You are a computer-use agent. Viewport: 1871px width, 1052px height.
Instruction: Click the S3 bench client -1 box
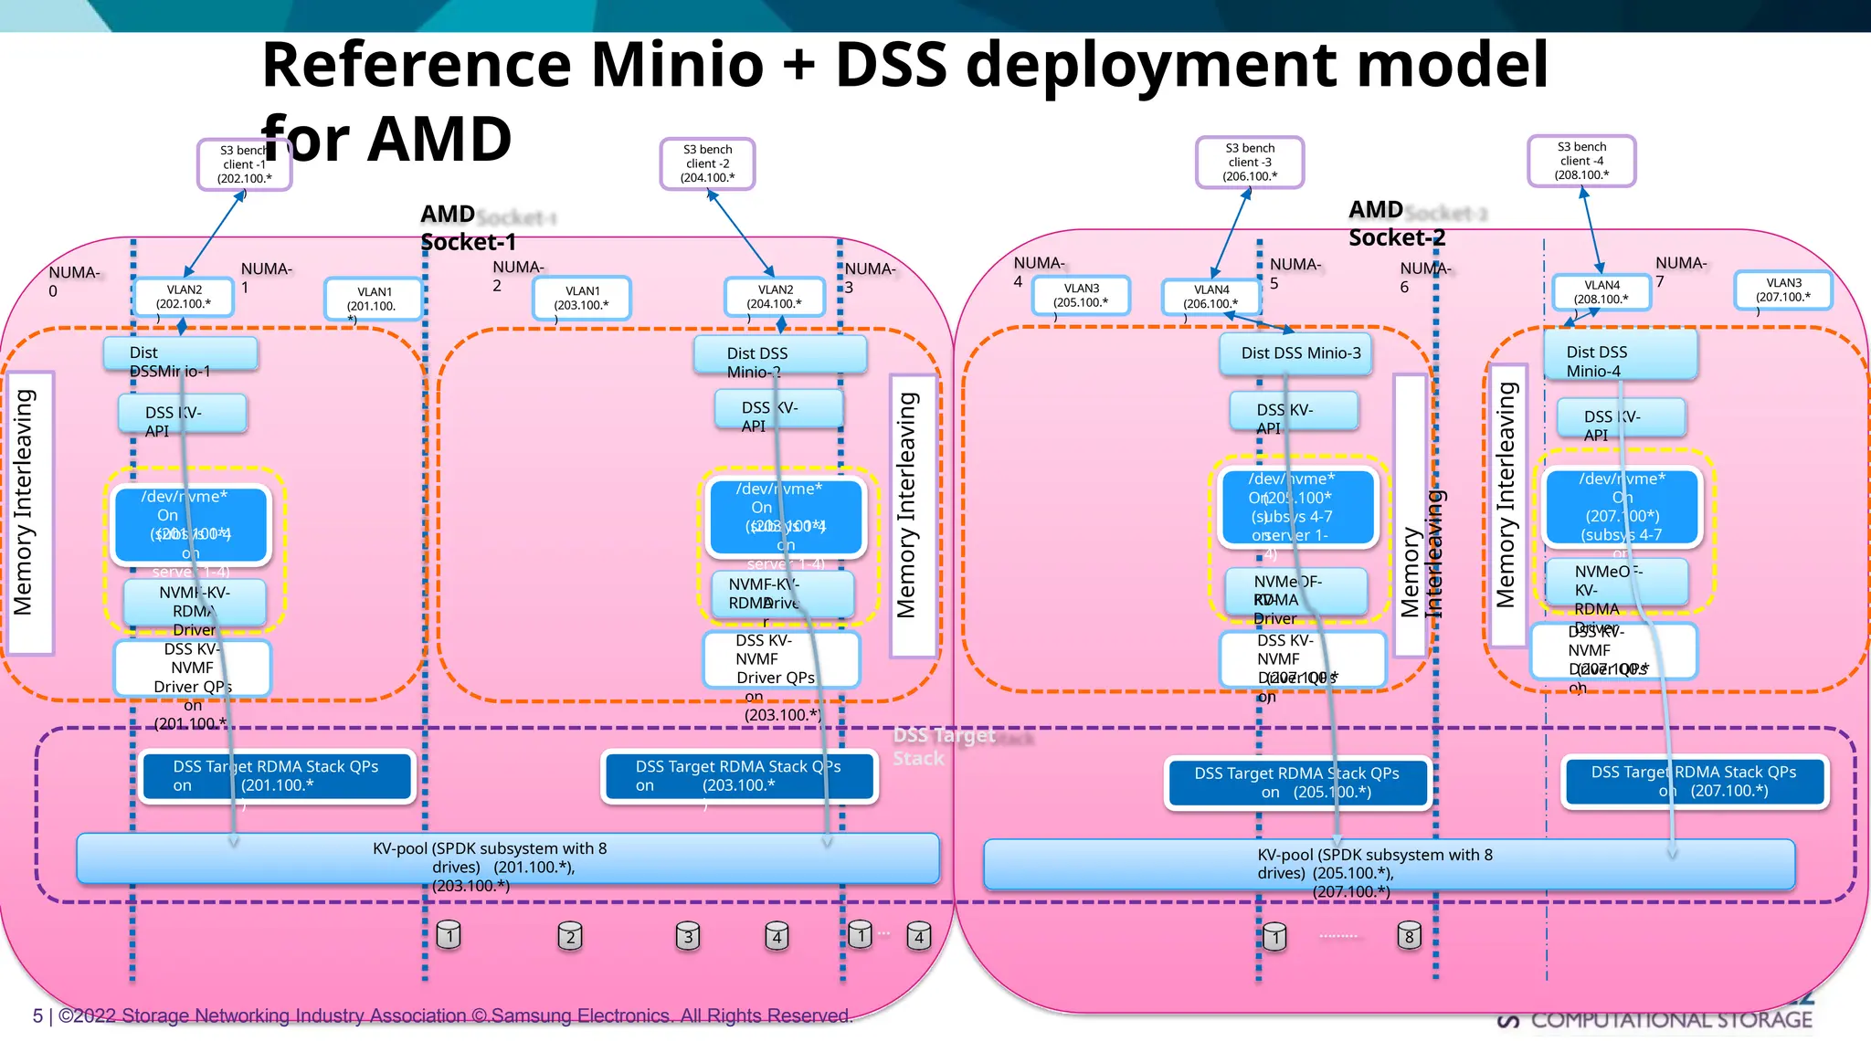[x=244, y=164]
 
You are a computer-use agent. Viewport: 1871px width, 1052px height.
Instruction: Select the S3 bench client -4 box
[x=1581, y=161]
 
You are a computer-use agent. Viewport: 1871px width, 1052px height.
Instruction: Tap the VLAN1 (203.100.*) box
[x=581, y=299]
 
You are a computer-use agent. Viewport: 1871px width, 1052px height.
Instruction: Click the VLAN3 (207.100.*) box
[x=1782, y=290]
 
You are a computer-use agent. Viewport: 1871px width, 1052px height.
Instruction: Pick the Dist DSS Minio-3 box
[x=1296, y=353]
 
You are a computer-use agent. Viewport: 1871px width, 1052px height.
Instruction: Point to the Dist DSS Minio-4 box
[x=1620, y=354]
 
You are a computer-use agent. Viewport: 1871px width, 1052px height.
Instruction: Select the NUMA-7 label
[x=1678, y=271]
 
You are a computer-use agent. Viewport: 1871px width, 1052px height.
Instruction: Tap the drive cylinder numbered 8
[x=1409, y=935]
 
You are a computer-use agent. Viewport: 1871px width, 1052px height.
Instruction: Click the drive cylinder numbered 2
[x=570, y=936]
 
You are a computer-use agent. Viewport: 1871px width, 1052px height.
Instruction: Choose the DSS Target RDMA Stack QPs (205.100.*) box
[x=1296, y=783]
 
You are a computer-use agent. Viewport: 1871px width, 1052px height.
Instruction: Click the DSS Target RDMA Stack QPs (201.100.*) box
[x=276, y=776]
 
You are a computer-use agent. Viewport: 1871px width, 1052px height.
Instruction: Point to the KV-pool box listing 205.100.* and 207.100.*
[x=1389, y=865]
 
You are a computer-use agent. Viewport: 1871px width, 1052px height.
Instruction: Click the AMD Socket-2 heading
[x=1395, y=224]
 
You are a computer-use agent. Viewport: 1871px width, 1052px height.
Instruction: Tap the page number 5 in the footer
[x=37, y=1015]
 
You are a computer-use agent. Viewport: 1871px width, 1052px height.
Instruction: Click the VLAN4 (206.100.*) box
[x=1210, y=297]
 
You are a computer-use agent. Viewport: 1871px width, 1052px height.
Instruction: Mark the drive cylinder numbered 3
[x=688, y=936]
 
